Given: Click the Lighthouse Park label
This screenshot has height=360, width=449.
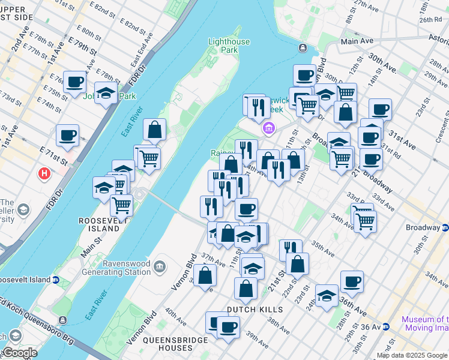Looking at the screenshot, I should tap(229, 46).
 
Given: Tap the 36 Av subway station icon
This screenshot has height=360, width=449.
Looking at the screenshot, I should tap(386, 327).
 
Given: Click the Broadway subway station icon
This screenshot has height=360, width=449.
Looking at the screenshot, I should tap(445, 228).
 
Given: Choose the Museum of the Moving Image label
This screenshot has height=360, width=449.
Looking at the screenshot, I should tap(425, 324).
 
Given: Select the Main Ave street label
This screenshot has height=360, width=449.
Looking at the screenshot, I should tap(357, 41).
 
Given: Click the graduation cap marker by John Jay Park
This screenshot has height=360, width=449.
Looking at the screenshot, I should tap(106, 94).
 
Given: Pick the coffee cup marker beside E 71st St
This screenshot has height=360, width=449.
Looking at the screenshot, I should tap(67, 135).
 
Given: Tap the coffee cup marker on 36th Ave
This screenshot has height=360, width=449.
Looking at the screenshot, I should tap(352, 281).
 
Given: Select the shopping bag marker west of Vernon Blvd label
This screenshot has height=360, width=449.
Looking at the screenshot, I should tap(205, 275).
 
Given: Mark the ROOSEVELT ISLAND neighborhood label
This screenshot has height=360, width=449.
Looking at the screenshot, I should tap(100, 224).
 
